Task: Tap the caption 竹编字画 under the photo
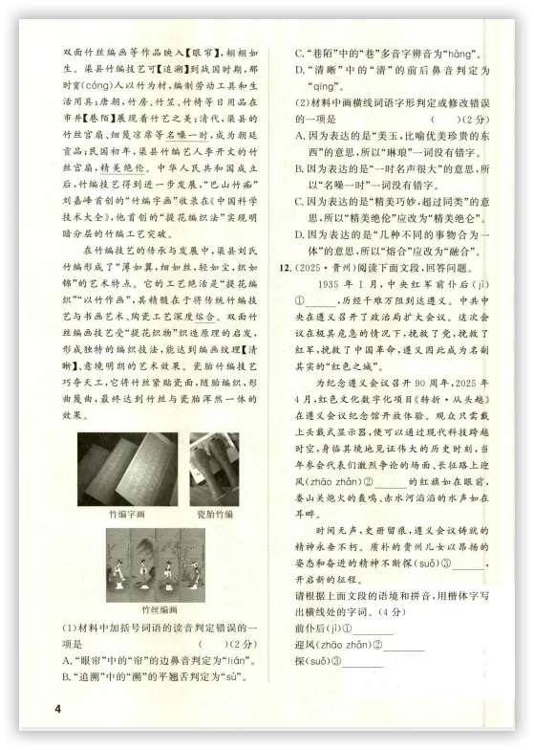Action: tap(126, 514)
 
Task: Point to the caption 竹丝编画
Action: tap(159, 609)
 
